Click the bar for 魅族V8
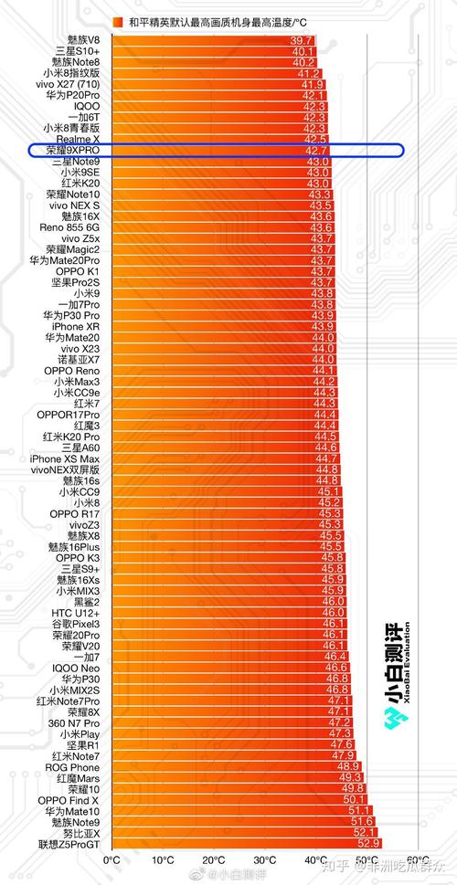point(210,41)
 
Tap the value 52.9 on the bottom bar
point(368,844)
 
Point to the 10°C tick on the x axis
point(163,859)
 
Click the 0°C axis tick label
point(112,859)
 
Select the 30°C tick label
point(264,859)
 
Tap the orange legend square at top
point(118,21)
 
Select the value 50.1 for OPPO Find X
point(354,799)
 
